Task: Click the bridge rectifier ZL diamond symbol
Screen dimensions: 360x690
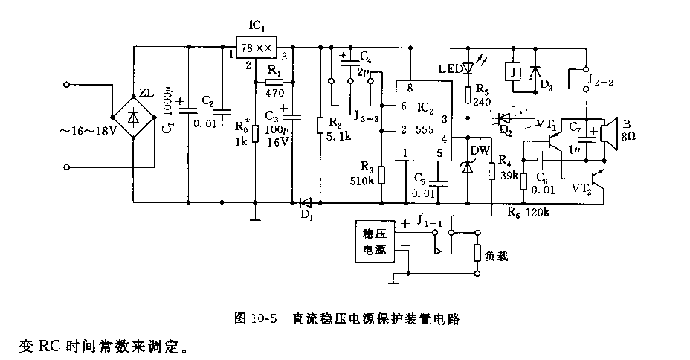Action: [134, 116]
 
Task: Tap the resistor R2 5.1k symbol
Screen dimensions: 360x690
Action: [320, 124]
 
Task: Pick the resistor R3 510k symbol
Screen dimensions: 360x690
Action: [381, 174]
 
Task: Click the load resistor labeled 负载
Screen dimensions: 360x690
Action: [477, 252]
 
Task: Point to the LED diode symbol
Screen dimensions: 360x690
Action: [468, 69]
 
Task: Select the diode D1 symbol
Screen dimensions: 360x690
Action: [305, 201]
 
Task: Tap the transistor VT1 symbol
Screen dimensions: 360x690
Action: [552, 134]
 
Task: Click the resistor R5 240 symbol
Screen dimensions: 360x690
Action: [468, 94]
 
